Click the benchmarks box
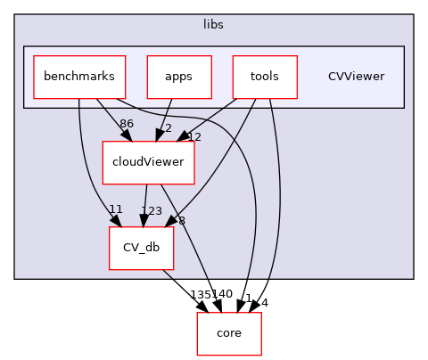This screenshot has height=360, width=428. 79,77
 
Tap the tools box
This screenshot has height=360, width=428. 264,77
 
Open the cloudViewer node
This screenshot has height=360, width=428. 149,162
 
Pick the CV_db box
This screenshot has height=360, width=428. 141,248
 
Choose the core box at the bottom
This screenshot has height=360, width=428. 229,334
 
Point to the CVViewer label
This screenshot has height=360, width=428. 356,77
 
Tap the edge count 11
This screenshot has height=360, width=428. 115,209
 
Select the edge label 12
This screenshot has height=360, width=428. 194,136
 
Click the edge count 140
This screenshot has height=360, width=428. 221,294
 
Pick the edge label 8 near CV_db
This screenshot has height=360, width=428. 181,221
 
